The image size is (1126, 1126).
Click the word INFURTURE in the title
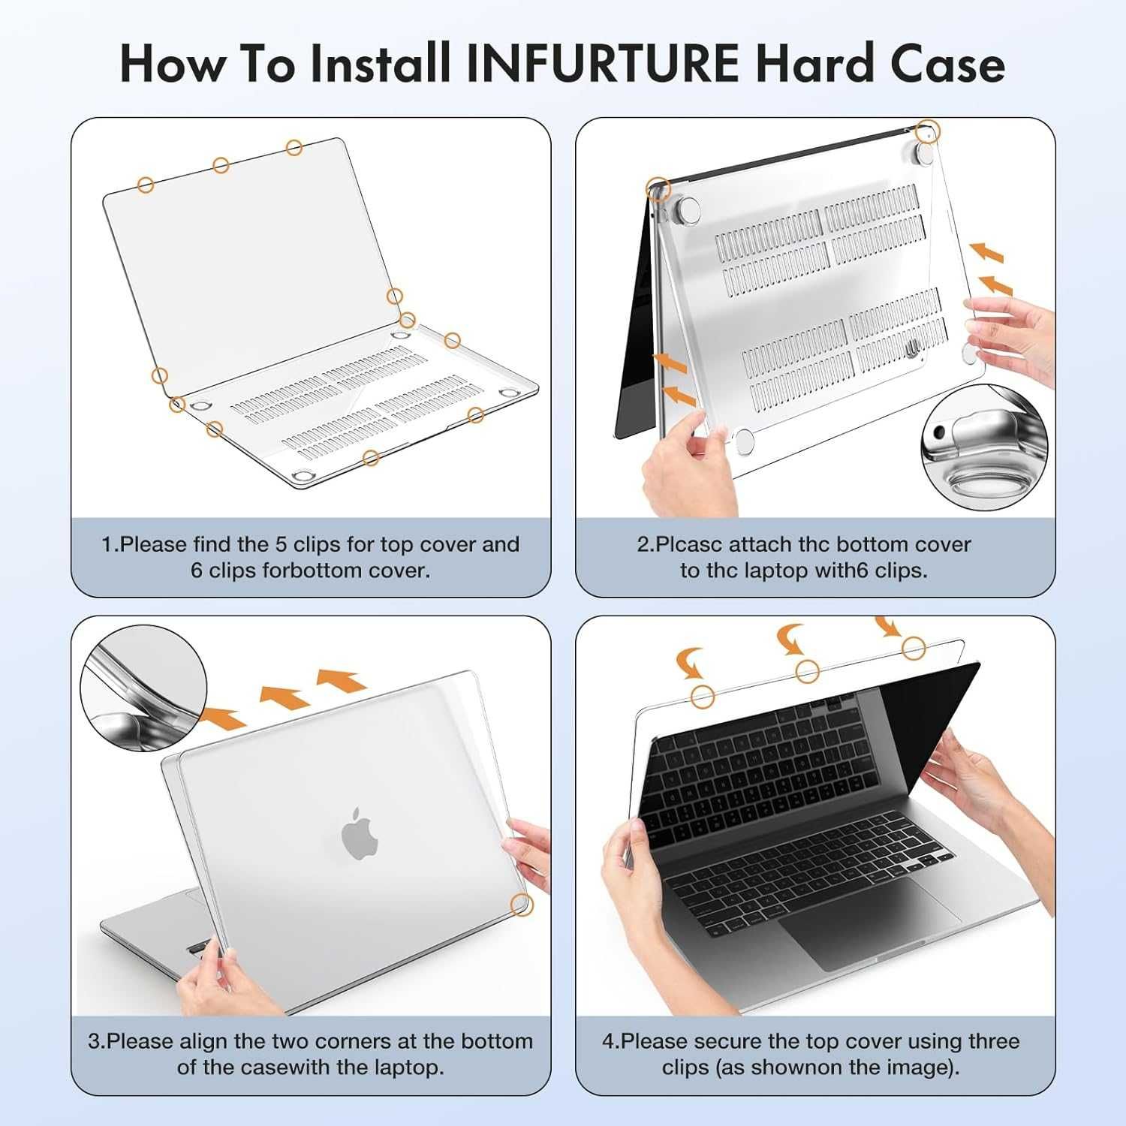[x=603, y=64]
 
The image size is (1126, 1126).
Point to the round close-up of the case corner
[x=143, y=688]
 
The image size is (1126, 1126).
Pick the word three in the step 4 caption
[x=994, y=1041]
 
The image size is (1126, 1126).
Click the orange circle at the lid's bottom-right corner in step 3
[x=520, y=905]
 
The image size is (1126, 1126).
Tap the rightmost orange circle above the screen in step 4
[x=914, y=648]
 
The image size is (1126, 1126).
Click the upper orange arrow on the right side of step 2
[x=986, y=251]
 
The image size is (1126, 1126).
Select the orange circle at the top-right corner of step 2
[x=929, y=131]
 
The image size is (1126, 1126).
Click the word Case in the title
[x=948, y=64]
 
